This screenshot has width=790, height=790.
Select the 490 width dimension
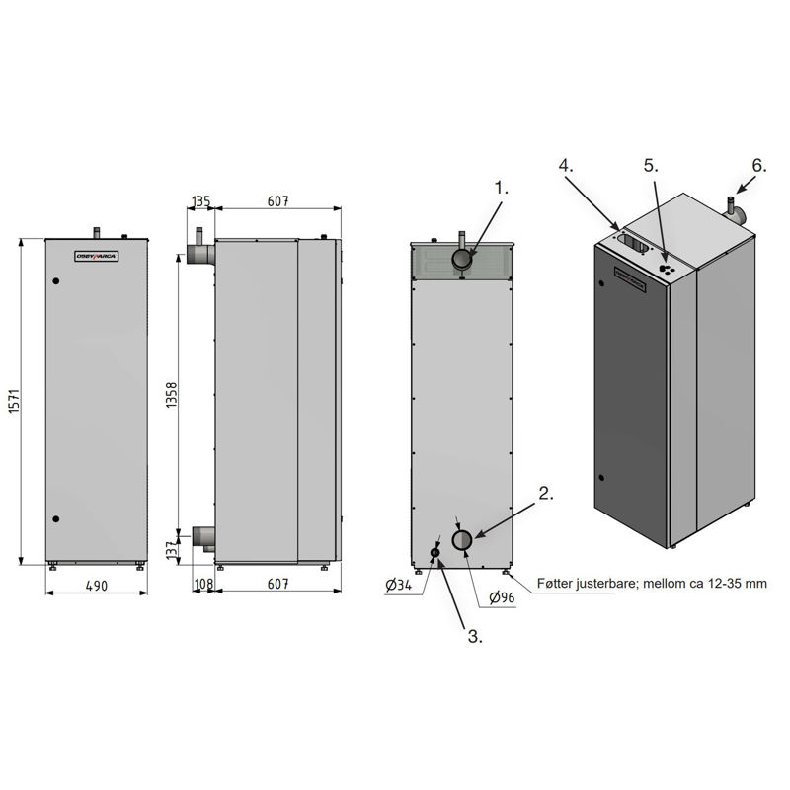tap(96, 585)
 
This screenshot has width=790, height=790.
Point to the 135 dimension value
tap(201, 201)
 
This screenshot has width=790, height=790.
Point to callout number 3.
tap(474, 637)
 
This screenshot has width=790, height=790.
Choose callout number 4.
tap(565, 165)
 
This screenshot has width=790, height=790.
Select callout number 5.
tap(650, 165)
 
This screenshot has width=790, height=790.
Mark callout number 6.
tap(757, 165)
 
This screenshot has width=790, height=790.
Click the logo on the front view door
tap(97, 256)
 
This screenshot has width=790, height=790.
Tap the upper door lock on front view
tap(56, 282)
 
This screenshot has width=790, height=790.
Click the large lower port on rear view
tap(462, 539)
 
